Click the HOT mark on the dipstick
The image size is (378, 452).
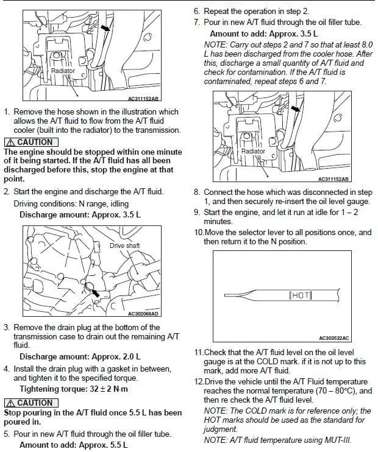299,295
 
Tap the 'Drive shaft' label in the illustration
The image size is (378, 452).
124,245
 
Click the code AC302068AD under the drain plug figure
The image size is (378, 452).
143,314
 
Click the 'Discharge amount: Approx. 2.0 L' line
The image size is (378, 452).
80,356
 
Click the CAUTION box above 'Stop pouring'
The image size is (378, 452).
29,403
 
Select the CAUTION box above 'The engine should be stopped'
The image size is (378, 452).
29,142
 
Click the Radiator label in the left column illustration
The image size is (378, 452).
63,71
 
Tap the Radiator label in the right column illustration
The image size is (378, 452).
254,151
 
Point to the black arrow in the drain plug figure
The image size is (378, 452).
94,292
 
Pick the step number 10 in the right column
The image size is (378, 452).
199,233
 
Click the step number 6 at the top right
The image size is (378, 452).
197,12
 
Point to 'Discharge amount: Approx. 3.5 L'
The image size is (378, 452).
80,215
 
